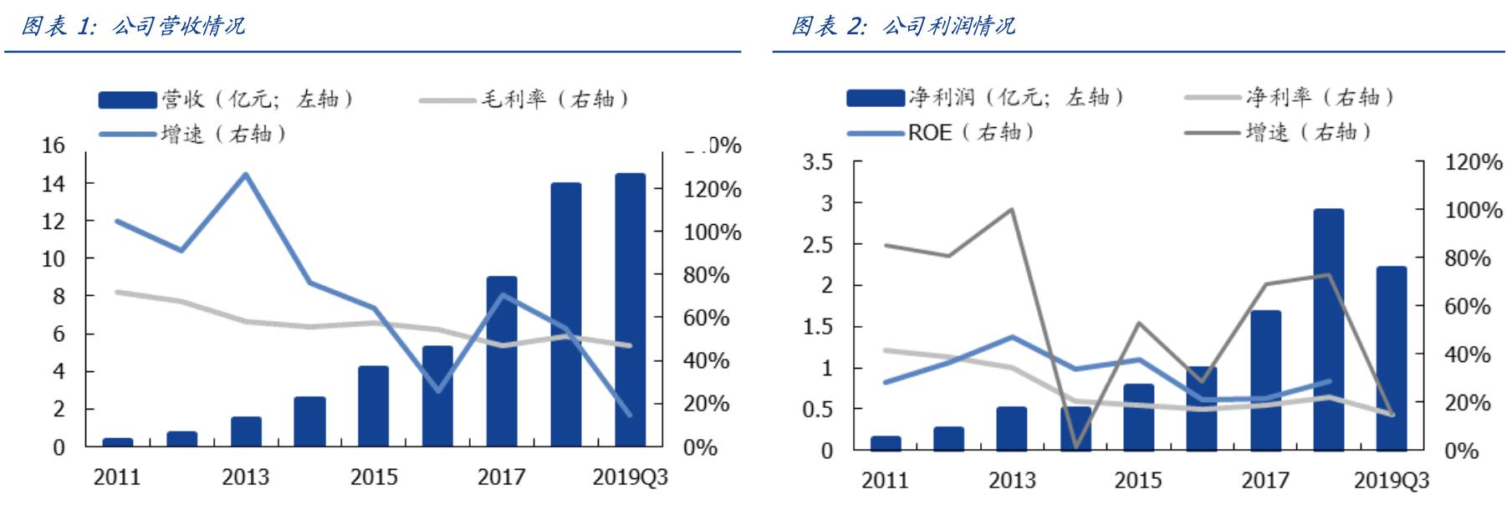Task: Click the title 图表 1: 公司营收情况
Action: [132, 26]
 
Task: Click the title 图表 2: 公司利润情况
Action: [902, 26]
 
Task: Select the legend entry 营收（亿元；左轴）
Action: [227, 99]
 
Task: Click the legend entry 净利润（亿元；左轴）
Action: [987, 98]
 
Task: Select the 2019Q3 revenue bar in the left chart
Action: [630, 309]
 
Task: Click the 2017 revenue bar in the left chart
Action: [502, 361]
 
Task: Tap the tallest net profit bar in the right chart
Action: [1328, 329]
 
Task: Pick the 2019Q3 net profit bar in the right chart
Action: [1392, 358]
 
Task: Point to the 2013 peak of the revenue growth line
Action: [245, 175]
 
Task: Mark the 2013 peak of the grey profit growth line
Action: [1012, 209]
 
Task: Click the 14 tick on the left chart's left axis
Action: [53, 184]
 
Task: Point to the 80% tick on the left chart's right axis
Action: [712, 275]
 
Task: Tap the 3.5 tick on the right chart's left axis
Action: [818, 162]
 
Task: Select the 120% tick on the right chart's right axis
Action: [1474, 162]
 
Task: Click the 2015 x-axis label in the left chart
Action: [374, 477]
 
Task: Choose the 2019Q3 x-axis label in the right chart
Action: [1392, 481]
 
